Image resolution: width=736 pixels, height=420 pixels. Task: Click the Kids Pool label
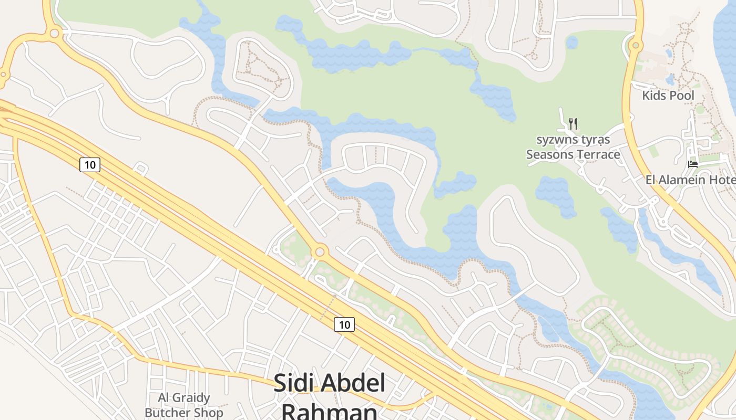point(668,96)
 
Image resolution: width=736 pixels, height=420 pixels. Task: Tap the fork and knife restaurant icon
point(573,124)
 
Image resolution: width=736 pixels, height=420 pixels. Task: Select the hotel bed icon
point(693,164)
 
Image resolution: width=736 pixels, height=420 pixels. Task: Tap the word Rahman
point(330,411)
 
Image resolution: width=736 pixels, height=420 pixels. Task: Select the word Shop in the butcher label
point(208,413)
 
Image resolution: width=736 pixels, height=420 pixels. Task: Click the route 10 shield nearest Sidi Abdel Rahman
point(344,324)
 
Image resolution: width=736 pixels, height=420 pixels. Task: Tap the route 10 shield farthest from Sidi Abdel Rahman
point(90,165)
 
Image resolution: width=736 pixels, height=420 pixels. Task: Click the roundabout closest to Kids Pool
point(636,45)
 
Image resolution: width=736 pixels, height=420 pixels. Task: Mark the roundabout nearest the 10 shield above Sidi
point(320,251)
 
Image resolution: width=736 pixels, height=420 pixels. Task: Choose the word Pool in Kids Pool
point(681,96)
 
